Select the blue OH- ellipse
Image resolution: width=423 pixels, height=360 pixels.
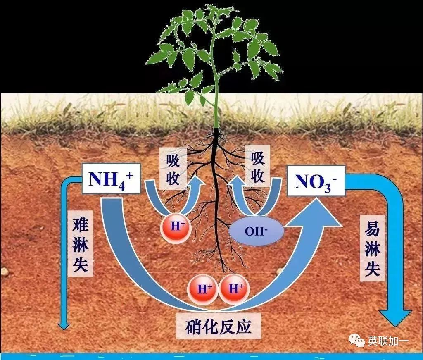point(256,230)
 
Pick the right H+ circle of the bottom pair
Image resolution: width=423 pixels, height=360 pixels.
point(234,288)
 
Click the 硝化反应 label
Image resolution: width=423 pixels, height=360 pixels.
point(219,327)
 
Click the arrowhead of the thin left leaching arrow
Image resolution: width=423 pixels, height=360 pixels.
point(64,324)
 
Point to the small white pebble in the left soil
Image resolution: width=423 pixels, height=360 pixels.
point(5,272)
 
